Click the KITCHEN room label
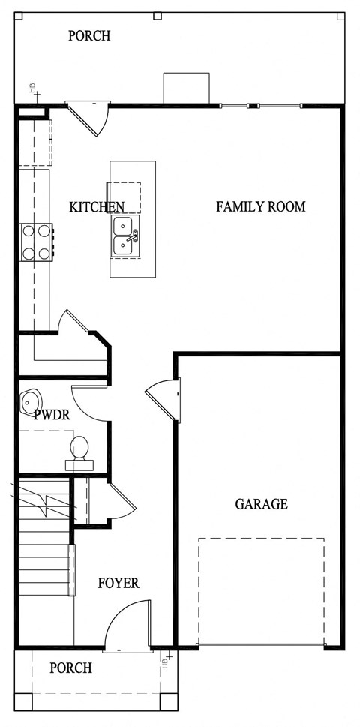point(97,207)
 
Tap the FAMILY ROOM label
point(261,206)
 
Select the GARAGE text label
point(261,504)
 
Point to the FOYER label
point(118,583)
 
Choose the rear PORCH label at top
point(89,35)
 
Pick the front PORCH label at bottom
point(70,668)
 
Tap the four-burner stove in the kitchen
point(36,243)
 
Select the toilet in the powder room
point(79,451)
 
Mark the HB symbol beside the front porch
point(166,660)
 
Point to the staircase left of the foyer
point(45,555)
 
